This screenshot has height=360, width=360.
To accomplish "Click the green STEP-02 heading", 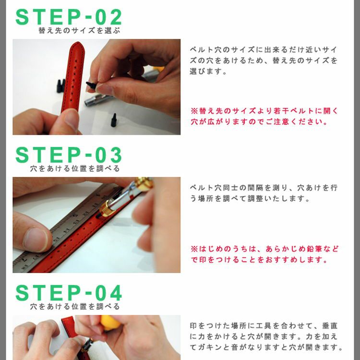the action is coord(69,17).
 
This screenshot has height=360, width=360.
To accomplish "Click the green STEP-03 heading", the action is coord(69,155).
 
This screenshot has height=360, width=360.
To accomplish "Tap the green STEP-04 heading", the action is coord(69,293).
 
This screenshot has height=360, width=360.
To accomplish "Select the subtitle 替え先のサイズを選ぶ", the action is coord(79,31).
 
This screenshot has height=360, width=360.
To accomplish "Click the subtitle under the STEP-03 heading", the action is coord(75,168).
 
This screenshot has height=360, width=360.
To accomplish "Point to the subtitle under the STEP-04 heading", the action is coord(75,306).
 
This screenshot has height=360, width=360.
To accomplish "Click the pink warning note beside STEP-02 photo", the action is coord(264,116).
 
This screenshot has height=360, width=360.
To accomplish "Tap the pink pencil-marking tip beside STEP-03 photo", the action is coord(264,254).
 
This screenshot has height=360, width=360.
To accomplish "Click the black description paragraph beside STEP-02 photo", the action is coord(264,60).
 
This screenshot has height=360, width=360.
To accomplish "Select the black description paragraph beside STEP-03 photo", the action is coord(264,193).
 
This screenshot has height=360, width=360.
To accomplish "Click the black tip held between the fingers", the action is coord(92,85).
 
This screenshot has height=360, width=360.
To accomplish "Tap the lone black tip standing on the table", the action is coord(114,120).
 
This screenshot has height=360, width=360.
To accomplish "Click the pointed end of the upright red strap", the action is coord(77,43).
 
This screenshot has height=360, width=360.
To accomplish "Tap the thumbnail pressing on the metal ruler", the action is coord(36,239).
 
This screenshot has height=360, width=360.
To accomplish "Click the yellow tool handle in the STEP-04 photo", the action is coord(110,323).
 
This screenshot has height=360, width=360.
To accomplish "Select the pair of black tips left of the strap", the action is coord(60,86).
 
